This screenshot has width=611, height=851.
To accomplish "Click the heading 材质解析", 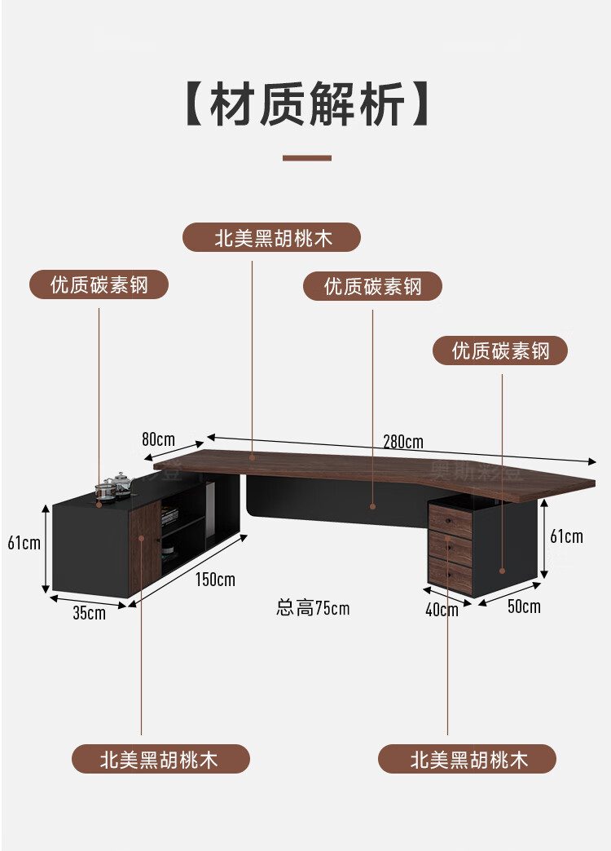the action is pyautogui.click(x=307, y=104).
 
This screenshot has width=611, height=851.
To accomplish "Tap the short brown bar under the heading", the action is pyautogui.click(x=307, y=157).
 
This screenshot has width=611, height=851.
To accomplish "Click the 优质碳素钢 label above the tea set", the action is pyautogui.click(x=99, y=285).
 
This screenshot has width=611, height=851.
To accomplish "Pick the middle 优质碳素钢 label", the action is pyautogui.click(x=372, y=286).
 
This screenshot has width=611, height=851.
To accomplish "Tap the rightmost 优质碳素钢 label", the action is pyautogui.click(x=500, y=351).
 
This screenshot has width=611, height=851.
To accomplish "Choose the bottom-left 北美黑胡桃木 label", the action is pyautogui.click(x=160, y=760).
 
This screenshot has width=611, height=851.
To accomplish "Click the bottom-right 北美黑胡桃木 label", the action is pyautogui.click(x=468, y=760).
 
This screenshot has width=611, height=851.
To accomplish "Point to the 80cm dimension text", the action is pyautogui.click(x=158, y=439).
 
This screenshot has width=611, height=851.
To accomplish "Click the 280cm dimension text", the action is pyautogui.click(x=403, y=442).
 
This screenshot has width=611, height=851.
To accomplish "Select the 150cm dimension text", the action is pyautogui.click(x=215, y=580).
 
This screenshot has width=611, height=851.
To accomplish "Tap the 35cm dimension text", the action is pyautogui.click(x=89, y=613).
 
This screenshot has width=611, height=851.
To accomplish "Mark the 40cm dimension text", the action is pyautogui.click(x=442, y=610).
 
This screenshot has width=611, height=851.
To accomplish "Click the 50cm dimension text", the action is pyautogui.click(x=523, y=606).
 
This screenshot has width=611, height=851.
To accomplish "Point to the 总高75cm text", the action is pyautogui.click(x=313, y=608).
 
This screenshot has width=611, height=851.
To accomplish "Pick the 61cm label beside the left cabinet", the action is pyautogui.click(x=24, y=543).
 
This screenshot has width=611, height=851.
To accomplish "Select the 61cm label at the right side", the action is pyautogui.click(x=566, y=536).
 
